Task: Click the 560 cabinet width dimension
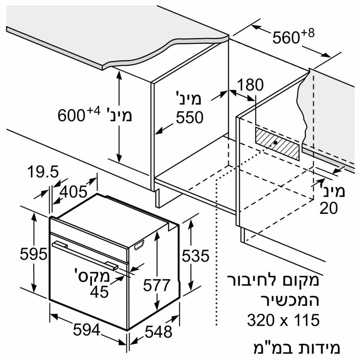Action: pyautogui.click(x=286, y=38)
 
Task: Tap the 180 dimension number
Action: pyautogui.click(x=250, y=85)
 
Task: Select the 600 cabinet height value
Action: pyautogui.click(x=72, y=116)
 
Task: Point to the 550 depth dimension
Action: pyautogui.click(x=189, y=117)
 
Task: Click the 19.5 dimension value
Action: pyautogui.click(x=43, y=172)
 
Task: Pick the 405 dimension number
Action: pyautogui.click(x=73, y=192)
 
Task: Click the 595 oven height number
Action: pyautogui.click(x=33, y=254)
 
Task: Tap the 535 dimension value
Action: pyautogui.click(x=196, y=256)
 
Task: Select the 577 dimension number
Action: pyautogui.click(x=157, y=285)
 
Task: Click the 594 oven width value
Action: pyautogui.click(x=86, y=330)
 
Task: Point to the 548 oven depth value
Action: pyautogui.click(x=158, y=332)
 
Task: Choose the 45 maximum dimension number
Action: pyautogui.click(x=99, y=292)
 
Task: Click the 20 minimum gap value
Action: pyautogui.click(x=329, y=208)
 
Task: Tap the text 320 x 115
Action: pyautogui.click(x=283, y=320)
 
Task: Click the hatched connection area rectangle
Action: pyautogui.click(x=277, y=144)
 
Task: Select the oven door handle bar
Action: pyautogui.click(x=85, y=255)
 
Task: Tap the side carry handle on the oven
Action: pyautogui.click(x=139, y=245)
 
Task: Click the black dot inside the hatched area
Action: pyautogui.click(x=275, y=142)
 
